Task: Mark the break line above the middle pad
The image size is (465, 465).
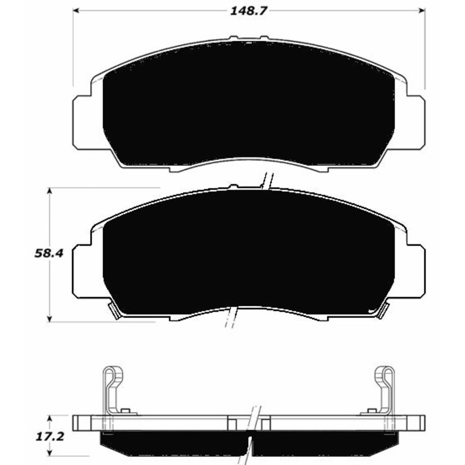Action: point(267,181)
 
